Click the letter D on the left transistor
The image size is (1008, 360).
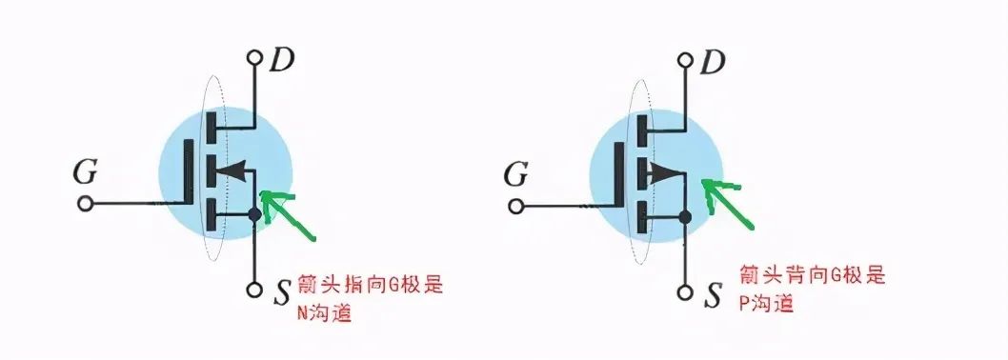coord(282,61)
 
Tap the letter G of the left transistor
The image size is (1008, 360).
coord(86,174)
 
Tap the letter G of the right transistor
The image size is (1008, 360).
coord(516,174)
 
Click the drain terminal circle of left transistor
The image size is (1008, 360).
coord(254,58)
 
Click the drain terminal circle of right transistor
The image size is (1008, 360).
coord(685,58)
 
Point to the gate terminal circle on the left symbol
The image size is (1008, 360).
coord(86,204)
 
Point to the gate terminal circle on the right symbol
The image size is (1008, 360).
coord(516,206)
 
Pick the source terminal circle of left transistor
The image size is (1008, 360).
coord(254,290)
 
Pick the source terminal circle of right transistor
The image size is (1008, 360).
coord(685,292)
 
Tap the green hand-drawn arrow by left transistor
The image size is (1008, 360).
coord(293,214)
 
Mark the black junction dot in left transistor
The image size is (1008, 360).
coord(254,215)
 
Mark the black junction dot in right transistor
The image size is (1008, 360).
coord(685,218)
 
